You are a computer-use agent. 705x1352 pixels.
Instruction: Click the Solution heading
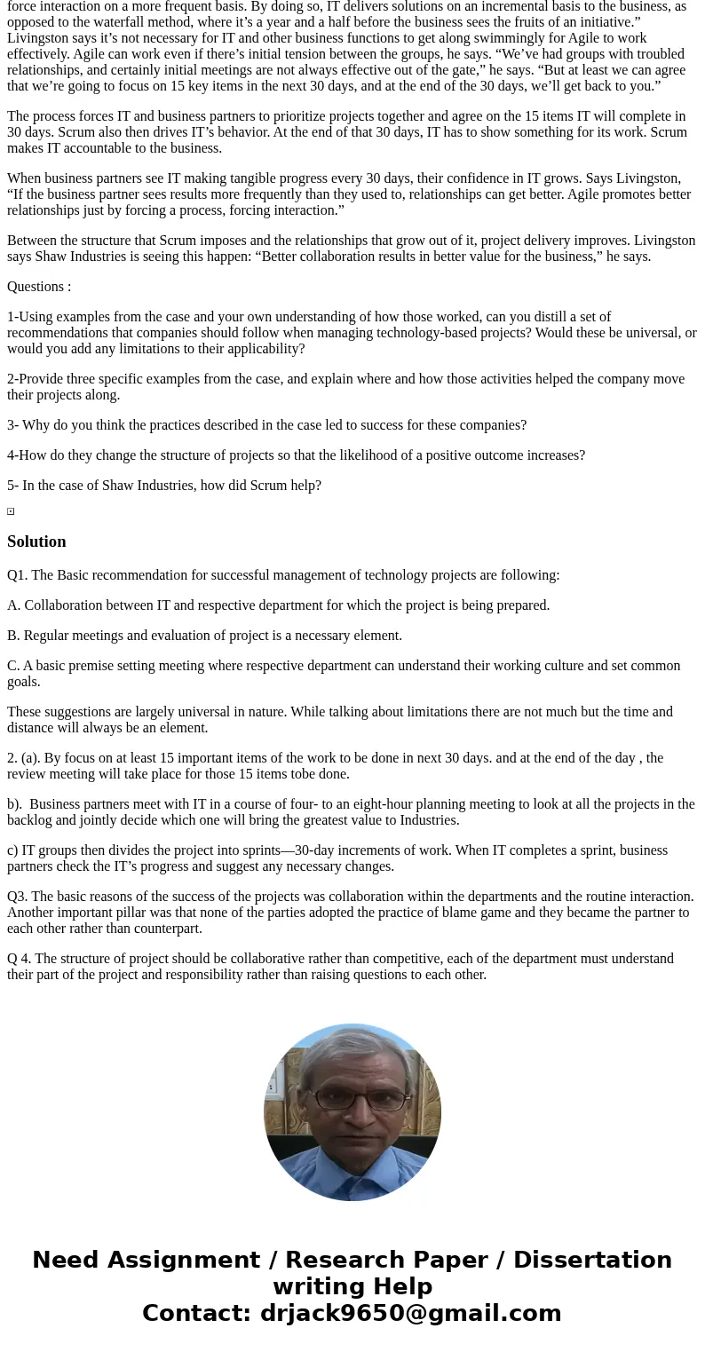pyautogui.click(x=36, y=542)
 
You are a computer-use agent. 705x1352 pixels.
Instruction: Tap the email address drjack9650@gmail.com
pyautogui.click(x=410, y=1313)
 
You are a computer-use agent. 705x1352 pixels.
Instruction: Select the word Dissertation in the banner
pyautogui.click(x=592, y=1260)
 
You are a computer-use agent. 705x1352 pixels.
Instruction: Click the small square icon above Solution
pyautogui.click(x=11, y=511)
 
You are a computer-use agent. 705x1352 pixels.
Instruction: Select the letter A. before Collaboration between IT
pyautogui.click(x=13, y=605)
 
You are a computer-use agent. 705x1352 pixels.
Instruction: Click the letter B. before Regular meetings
pyautogui.click(x=13, y=636)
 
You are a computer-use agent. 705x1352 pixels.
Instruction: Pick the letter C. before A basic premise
pyautogui.click(x=13, y=666)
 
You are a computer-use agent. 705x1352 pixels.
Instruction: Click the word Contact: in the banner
pyautogui.click(x=196, y=1313)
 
